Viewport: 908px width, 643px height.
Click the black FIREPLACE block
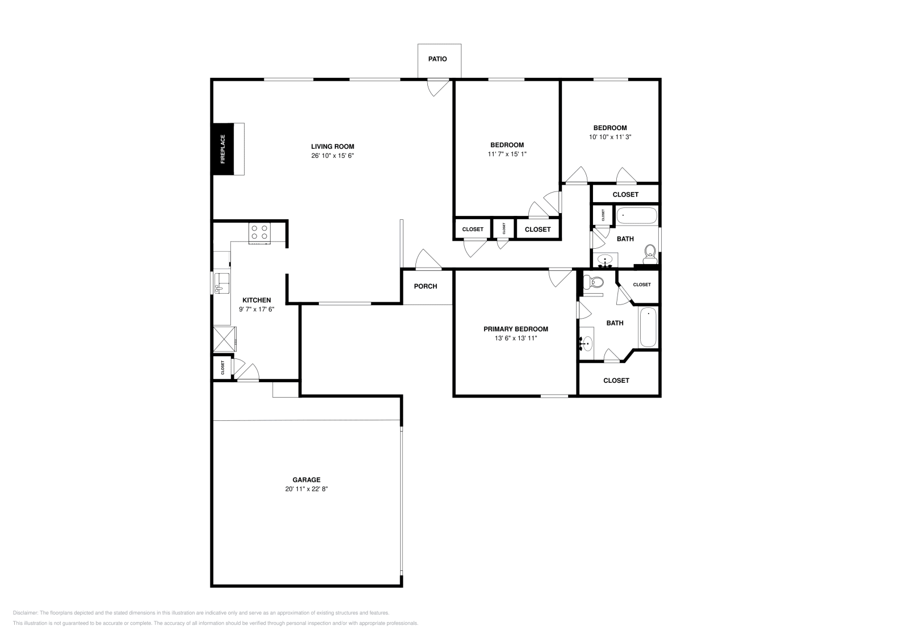(x=222, y=149)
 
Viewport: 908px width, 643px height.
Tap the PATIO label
(x=437, y=59)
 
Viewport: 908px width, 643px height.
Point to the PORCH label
(x=425, y=286)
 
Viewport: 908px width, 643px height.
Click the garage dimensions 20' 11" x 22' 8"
(x=306, y=488)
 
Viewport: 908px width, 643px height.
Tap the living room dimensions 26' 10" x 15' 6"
(x=332, y=156)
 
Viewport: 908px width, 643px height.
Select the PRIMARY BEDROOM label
(x=515, y=329)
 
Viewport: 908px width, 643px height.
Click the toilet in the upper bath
(x=650, y=250)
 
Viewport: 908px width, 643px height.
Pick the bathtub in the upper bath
(x=637, y=216)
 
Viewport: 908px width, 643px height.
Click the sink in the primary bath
(x=587, y=343)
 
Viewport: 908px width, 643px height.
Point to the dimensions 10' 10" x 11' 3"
(x=610, y=137)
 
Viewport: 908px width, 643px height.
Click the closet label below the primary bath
(x=616, y=381)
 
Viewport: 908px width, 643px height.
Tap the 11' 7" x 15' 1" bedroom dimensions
(x=507, y=154)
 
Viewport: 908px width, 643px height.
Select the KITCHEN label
(x=257, y=300)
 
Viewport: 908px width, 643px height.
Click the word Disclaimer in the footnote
(x=25, y=613)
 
